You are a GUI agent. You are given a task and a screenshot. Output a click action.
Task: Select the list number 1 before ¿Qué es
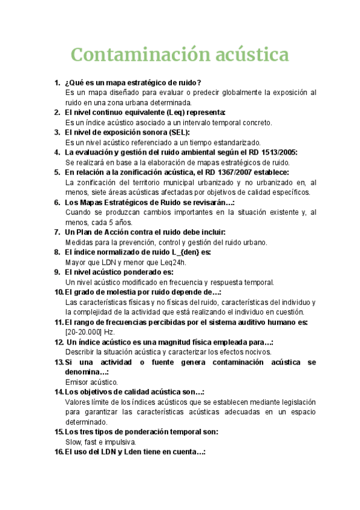(x=56, y=82)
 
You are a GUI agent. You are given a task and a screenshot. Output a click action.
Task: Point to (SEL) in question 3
(x=177, y=132)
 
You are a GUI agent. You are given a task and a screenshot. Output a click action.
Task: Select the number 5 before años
(x=120, y=222)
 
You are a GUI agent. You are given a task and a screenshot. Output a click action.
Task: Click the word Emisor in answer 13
(x=77, y=382)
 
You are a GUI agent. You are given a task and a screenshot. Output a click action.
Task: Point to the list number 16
(x=58, y=452)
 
